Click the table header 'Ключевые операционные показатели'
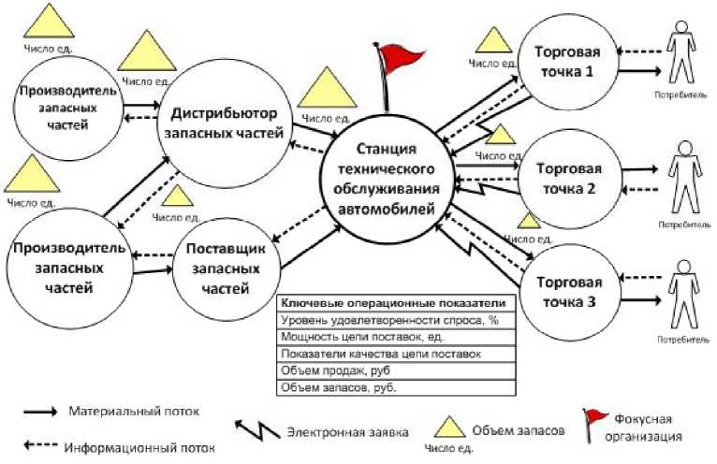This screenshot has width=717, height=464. point(397,303)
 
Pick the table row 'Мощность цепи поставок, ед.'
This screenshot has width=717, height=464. point(397,336)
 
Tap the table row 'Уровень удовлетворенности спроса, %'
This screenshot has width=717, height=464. point(397,320)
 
